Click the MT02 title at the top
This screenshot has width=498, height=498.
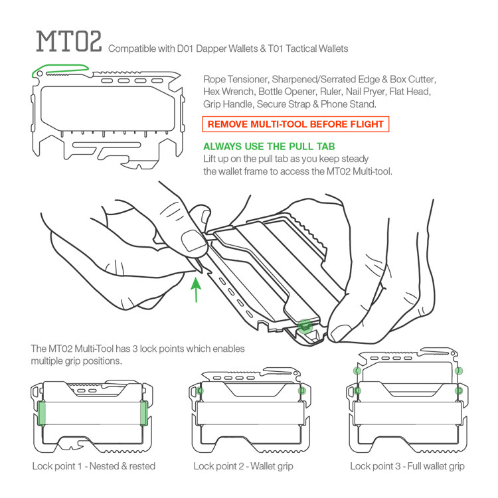tap(68, 42)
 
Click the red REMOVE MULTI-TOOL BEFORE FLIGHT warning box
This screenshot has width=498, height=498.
tap(294, 124)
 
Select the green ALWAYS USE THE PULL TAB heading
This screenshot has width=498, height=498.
tap(269, 147)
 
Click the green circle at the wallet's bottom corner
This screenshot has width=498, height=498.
tap(305, 325)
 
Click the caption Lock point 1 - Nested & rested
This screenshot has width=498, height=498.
tap(94, 466)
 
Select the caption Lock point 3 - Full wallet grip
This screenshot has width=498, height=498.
tap(408, 466)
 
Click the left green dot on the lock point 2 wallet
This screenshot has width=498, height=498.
tap(201, 391)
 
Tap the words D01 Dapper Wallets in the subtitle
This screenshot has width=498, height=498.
tap(213, 49)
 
